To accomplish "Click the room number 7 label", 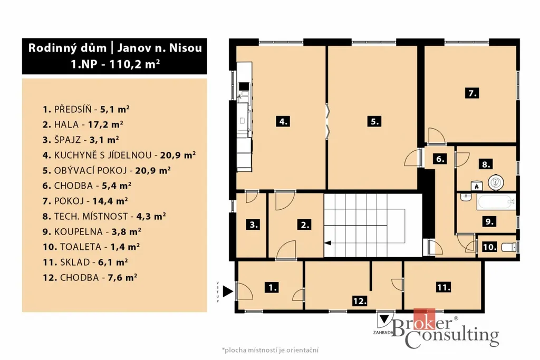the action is tap(472, 93).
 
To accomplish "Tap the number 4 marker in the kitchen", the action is tap(283, 121).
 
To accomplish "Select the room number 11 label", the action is tap(443, 287).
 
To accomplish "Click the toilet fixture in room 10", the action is tap(509, 247).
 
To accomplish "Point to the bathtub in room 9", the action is tap(496, 202).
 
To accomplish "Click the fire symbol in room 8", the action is tap(477, 186).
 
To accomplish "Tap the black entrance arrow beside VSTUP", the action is tap(228, 291).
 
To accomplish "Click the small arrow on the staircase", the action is tap(328, 243).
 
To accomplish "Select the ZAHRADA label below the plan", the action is tap(383, 333).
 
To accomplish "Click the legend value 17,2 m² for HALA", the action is tap(105, 124).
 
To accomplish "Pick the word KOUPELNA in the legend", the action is tap(78, 231).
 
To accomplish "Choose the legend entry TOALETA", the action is tap(81, 247).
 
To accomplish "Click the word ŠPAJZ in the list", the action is tap(67, 139).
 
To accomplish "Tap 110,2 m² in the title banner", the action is tap(134, 64).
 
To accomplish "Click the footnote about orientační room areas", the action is tap(271, 350).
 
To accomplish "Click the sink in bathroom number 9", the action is tap(466, 197).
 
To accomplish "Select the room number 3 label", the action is tap(254, 225).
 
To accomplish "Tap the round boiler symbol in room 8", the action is tap(496, 182).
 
